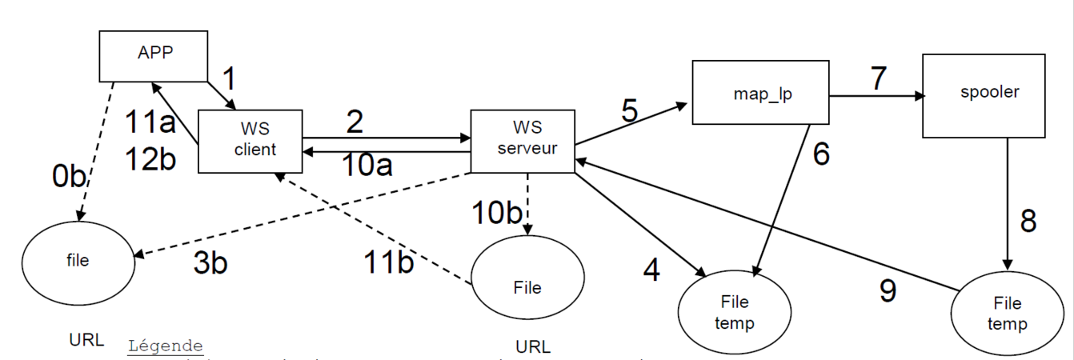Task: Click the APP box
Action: point(153,55)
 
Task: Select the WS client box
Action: point(250,141)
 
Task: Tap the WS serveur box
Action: point(523,141)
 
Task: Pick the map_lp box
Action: point(759,92)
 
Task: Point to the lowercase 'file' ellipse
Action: point(77,261)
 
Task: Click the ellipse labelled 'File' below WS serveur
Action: point(525,286)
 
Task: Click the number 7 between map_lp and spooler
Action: point(879,79)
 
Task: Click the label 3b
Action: point(210,263)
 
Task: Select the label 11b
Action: point(388,262)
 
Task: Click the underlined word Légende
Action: point(166,346)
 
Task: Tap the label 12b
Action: point(150,158)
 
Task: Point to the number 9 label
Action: point(887,290)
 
